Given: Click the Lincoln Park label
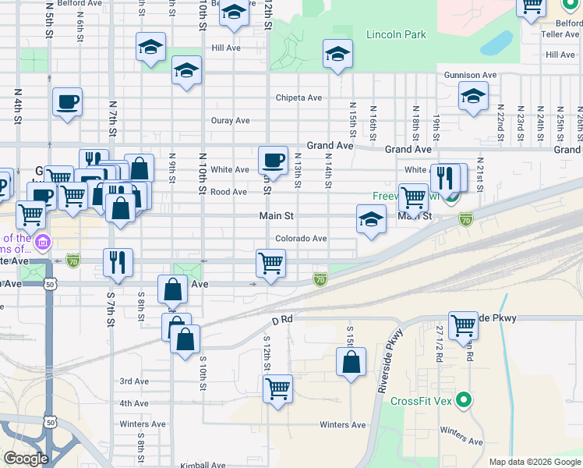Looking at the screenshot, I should point(397,34).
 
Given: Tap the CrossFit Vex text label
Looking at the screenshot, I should point(422,402).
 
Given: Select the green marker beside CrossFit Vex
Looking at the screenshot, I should point(465,401).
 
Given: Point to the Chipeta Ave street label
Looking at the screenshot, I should point(299,98).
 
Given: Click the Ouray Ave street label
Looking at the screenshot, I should point(230,121).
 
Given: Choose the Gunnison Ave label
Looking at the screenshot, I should point(471,75).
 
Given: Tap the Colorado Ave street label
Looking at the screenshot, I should point(300,239).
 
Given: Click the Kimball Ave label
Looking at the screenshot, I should point(203,465).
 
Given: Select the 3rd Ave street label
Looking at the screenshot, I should point(134,381).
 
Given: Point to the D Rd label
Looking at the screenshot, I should point(281,319).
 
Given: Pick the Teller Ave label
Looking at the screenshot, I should point(561,34).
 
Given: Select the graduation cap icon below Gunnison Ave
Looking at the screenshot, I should point(472,97).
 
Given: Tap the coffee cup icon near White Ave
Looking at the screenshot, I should point(273,160).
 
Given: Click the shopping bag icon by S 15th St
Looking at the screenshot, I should point(351,361).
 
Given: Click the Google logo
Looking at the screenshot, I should point(26,459).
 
